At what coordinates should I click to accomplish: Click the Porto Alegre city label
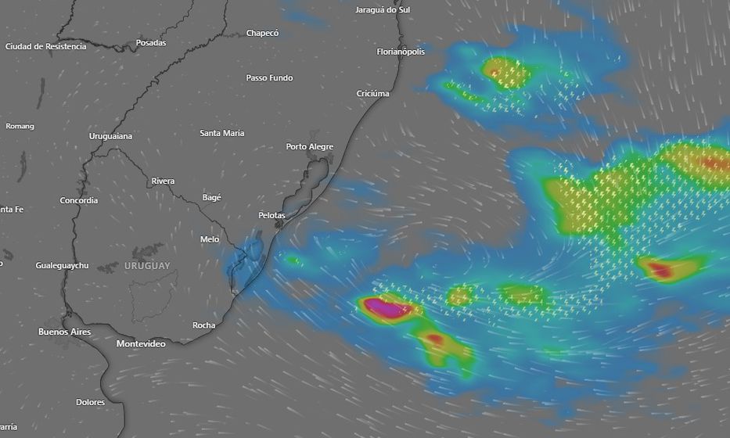pyautogui.click(x=309, y=147)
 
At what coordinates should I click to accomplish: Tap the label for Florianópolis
pyautogui.click(x=401, y=52)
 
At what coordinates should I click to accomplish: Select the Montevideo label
pyautogui.click(x=141, y=344)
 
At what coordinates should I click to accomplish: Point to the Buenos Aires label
pyautogui.click(x=64, y=332)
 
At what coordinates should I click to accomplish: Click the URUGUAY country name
pyautogui.click(x=146, y=267)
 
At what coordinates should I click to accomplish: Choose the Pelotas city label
pyautogui.click(x=272, y=215)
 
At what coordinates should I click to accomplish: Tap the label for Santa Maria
pyautogui.click(x=222, y=133)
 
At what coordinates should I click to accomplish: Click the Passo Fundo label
pyautogui.click(x=269, y=78)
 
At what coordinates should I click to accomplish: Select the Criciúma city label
pyautogui.click(x=372, y=94)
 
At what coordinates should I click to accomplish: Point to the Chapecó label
pyautogui.click(x=262, y=33)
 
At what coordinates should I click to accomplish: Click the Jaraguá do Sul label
pyautogui.click(x=383, y=10)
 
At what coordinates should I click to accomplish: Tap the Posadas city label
pyautogui.click(x=151, y=43)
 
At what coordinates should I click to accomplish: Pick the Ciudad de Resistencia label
pyautogui.click(x=45, y=46)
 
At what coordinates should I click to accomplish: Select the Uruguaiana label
pyautogui.click(x=110, y=136)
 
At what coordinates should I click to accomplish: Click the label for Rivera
pyautogui.click(x=163, y=181)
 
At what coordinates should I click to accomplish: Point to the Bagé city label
pyautogui.click(x=212, y=198)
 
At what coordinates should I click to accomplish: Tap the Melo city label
pyautogui.click(x=210, y=239)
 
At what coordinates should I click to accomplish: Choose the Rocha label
pyautogui.click(x=203, y=325)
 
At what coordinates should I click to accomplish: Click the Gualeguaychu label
pyautogui.click(x=62, y=266)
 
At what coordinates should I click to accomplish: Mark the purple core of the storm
pyautogui.click(x=384, y=307)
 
